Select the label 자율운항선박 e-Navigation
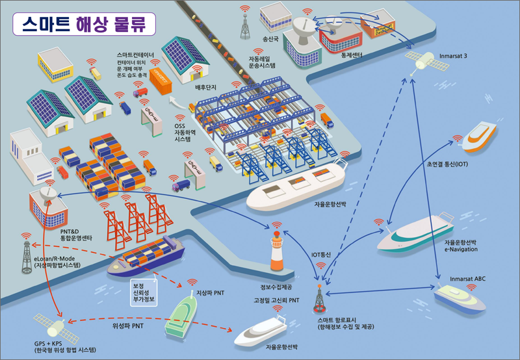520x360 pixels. pyautogui.click(x=461, y=246)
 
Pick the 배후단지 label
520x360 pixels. pyautogui.click(x=205, y=86)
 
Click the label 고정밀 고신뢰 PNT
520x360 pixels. pyautogui.click(x=276, y=300)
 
